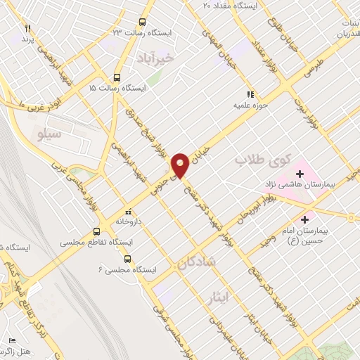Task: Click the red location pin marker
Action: (181, 165)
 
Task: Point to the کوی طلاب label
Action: (251, 161)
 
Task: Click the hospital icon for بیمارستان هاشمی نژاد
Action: (302, 172)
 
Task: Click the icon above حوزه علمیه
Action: (249, 94)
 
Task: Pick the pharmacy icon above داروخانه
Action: (127, 211)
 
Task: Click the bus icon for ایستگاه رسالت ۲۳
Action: (143, 22)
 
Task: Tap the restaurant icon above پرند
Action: (28, 28)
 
